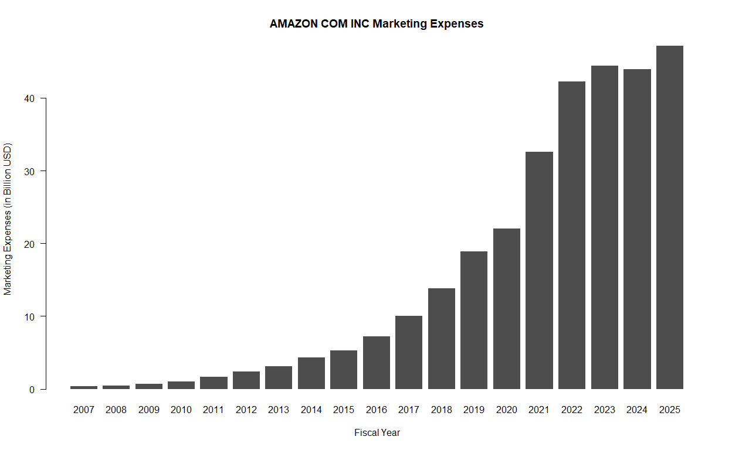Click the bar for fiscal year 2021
539,270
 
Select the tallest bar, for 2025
669,217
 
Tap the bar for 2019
474,320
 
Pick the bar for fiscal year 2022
572,235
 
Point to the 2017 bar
409,352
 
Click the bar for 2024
637,229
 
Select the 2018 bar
442,339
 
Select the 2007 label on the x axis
84,410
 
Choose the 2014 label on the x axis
311,410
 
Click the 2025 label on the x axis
669,410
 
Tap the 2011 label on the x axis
213,410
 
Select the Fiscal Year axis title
377,433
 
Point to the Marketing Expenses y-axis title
8,218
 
